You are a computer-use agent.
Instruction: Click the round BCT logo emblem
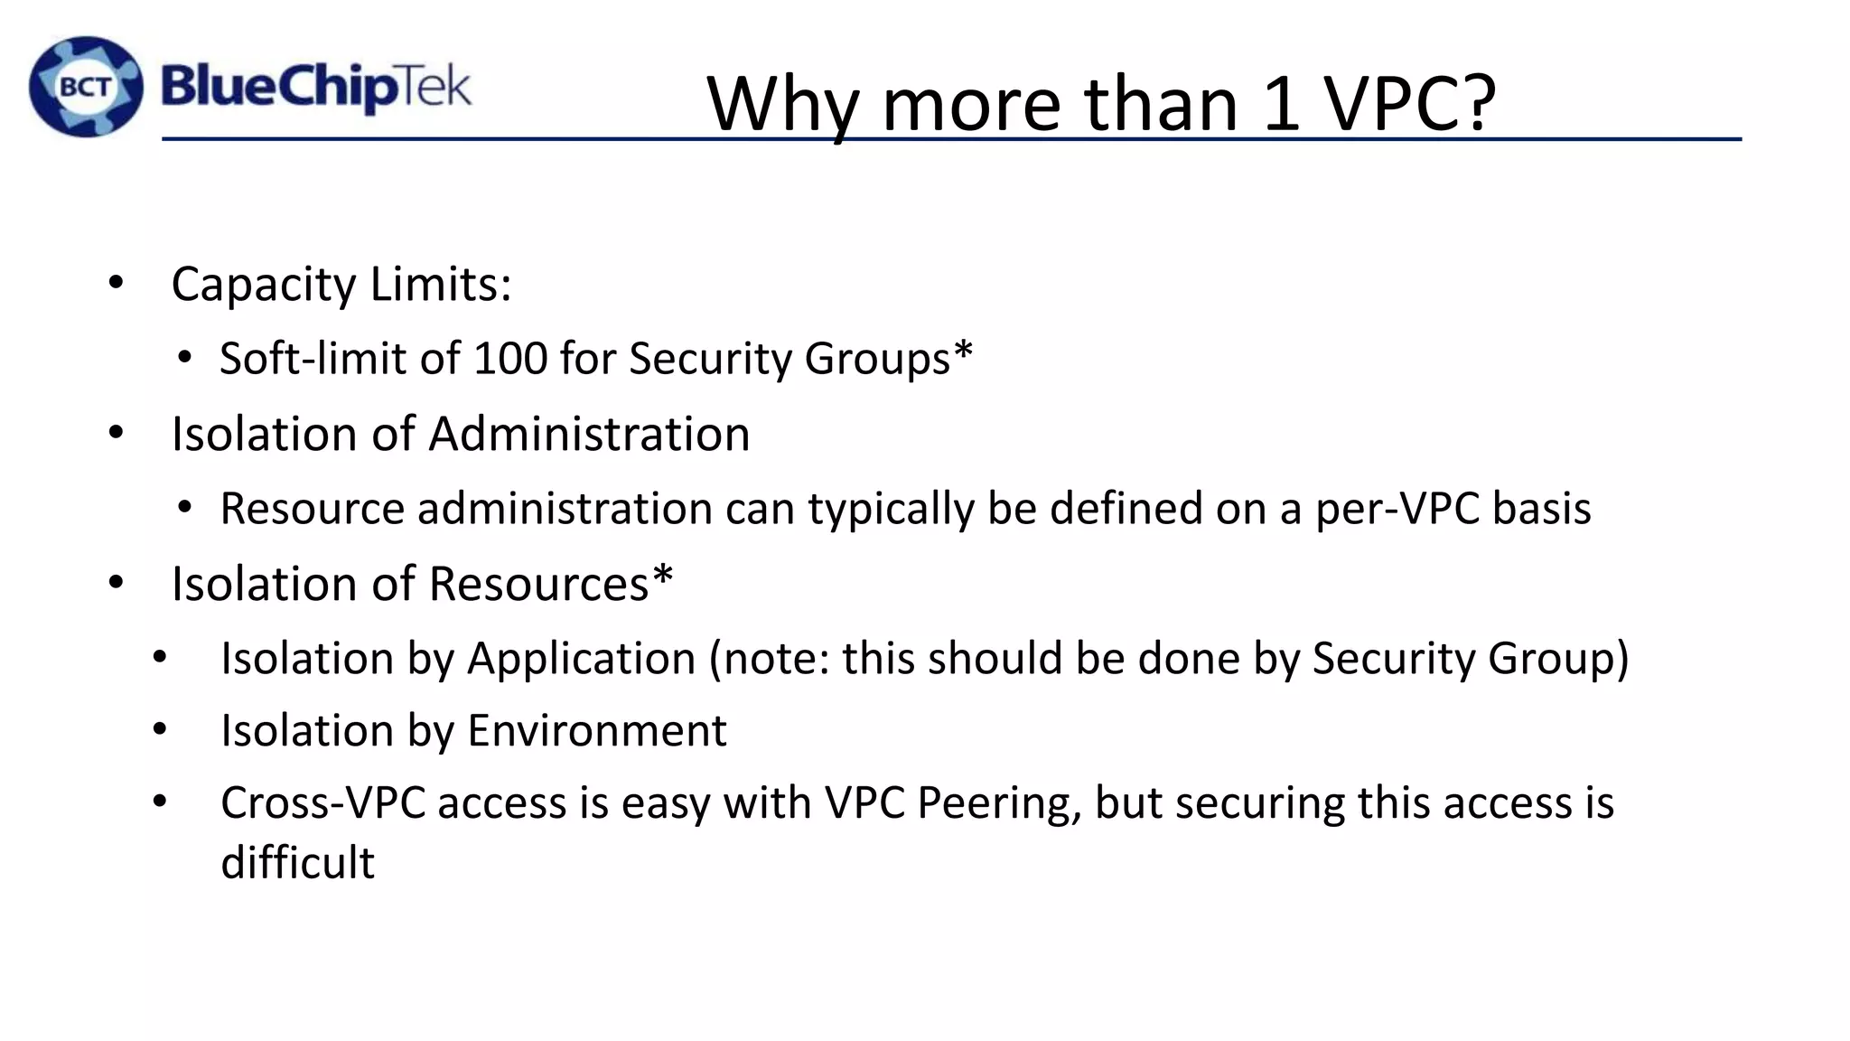point(86,87)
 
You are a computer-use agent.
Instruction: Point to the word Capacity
point(264,285)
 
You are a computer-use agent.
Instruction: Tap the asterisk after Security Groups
point(963,350)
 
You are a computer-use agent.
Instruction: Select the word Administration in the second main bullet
point(589,434)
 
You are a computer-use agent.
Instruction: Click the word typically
point(891,509)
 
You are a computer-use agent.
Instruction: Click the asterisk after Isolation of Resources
point(662,575)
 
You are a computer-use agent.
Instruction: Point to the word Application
point(581,659)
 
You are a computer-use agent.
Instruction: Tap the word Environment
point(596,730)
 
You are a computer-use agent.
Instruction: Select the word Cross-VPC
point(322,802)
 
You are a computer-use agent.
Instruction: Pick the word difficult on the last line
point(297,862)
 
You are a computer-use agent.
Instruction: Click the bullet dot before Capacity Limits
point(115,284)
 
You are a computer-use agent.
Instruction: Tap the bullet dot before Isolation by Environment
point(160,728)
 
